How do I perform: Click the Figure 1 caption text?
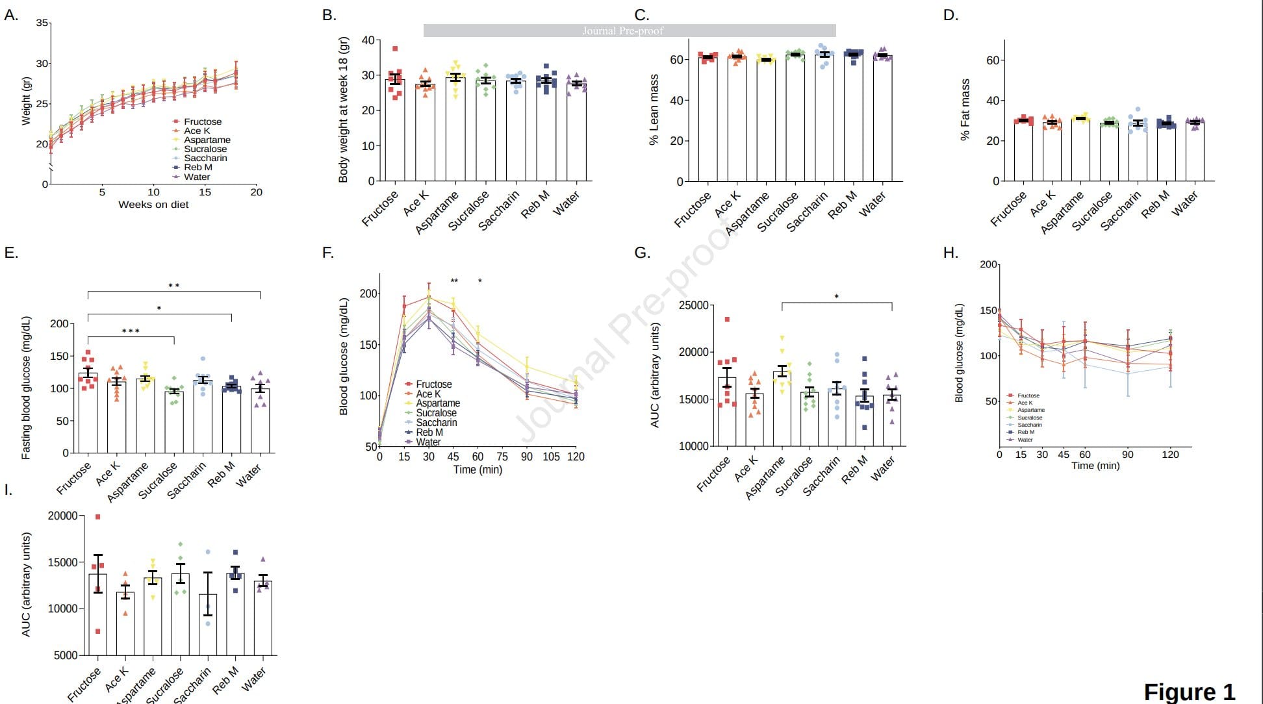click(x=1188, y=692)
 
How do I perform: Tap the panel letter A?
click(x=10, y=15)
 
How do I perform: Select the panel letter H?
click(x=950, y=253)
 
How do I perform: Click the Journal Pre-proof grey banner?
click(x=629, y=31)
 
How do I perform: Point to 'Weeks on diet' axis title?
click(x=153, y=205)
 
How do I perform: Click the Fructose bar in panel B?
click(x=395, y=130)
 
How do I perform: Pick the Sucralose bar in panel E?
click(x=174, y=422)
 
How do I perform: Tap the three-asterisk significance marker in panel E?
click(x=131, y=331)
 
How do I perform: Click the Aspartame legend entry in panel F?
click(x=437, y=403)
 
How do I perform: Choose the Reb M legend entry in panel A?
click(x=198, y=167)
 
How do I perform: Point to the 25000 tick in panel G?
click(x=693, y=305)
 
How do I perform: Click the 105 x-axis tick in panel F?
click(x=551, y=457)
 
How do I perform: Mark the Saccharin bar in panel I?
click(x=208, y=624)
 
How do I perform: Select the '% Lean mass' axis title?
click(x=654, y=110)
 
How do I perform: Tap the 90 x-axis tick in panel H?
click(x=1128, y=455)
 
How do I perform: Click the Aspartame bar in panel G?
click(x=782, y=409)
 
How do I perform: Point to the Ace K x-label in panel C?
click(x=728, y=205)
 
